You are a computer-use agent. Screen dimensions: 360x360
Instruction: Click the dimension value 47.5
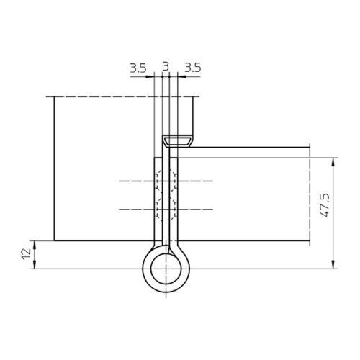pos(325,206)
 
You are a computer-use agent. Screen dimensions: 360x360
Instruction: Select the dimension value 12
pos(27,253)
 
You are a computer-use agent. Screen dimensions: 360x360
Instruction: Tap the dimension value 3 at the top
pos(166,66)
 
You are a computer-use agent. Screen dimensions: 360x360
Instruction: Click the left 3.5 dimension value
pos(138,68)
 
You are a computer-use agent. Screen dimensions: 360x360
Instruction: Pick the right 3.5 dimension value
pos(192,68)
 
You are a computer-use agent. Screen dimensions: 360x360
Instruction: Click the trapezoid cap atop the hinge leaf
pos(178,141)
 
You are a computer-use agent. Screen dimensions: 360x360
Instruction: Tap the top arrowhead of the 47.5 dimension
pos(333,162)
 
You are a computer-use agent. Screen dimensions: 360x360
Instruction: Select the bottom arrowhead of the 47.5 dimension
pos(333,264)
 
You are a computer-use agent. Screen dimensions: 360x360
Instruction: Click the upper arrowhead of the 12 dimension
pos(35,245)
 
